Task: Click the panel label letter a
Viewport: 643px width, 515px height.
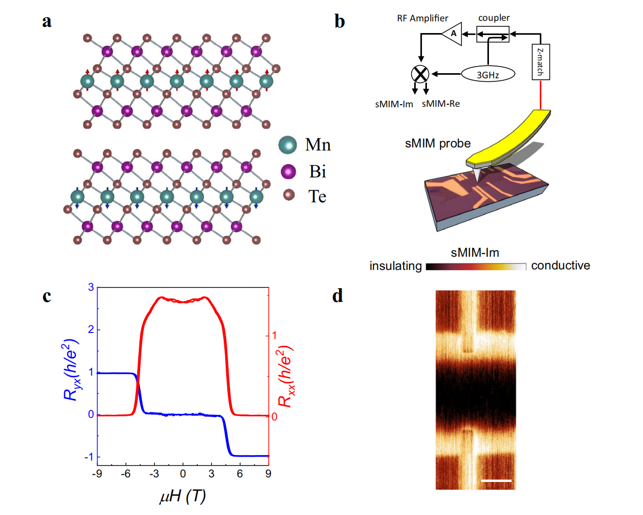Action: (47, 21)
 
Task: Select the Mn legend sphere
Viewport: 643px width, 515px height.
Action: (288, 145)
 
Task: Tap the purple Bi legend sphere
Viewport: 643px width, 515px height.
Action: (288, 171)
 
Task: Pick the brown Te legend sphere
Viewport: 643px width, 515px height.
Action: (289, 195)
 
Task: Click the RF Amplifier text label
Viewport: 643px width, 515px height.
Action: (422, 18)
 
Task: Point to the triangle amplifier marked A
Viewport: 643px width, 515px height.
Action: (452, 34)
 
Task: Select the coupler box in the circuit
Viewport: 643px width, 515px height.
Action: (493, 35)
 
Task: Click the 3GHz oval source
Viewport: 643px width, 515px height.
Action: (488, 74)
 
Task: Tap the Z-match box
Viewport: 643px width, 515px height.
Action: (540, 62)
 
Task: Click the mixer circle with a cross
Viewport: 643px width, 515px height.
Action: (420, 74)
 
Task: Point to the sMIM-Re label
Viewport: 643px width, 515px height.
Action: (441, 104)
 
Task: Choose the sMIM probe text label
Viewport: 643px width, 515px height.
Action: (438, 143)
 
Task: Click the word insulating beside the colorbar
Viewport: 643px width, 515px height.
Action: (395, 266)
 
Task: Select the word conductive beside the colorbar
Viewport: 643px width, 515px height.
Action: (560, 265)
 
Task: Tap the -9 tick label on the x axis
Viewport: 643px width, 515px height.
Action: (97, 474)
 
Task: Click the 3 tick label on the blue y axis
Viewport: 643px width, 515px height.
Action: (91, 287)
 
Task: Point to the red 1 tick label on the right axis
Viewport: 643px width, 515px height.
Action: (274, 335)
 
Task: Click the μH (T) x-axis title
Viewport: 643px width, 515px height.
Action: (182, 496)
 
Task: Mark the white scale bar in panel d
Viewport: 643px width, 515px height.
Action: (496, 480)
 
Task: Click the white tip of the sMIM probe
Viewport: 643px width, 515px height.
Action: (477, 175)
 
